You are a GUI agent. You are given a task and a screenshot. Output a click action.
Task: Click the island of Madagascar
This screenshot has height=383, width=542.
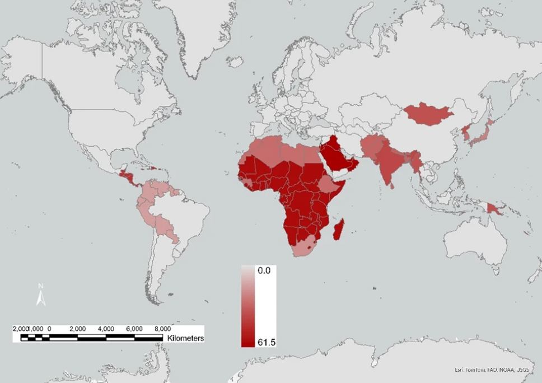click(339, 230)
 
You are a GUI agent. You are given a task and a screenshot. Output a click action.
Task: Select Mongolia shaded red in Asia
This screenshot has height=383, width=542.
click(428, 114)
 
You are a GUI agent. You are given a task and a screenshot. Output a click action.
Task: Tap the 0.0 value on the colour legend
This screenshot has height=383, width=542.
click(264, 270)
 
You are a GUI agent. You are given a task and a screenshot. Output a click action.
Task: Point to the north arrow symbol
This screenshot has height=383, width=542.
click(40, 295)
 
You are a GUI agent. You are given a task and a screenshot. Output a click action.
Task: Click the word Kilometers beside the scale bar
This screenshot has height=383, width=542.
click(184, 339)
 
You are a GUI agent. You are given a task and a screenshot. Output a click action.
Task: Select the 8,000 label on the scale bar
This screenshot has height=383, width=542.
click(162, 328)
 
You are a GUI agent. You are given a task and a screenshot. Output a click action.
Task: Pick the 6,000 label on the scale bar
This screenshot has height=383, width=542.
click(134, 328)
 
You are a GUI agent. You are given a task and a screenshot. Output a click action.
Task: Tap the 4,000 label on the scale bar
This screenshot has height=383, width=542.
click(106, 328)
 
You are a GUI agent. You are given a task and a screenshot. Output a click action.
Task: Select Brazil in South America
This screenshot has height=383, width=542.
click(179, 213)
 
